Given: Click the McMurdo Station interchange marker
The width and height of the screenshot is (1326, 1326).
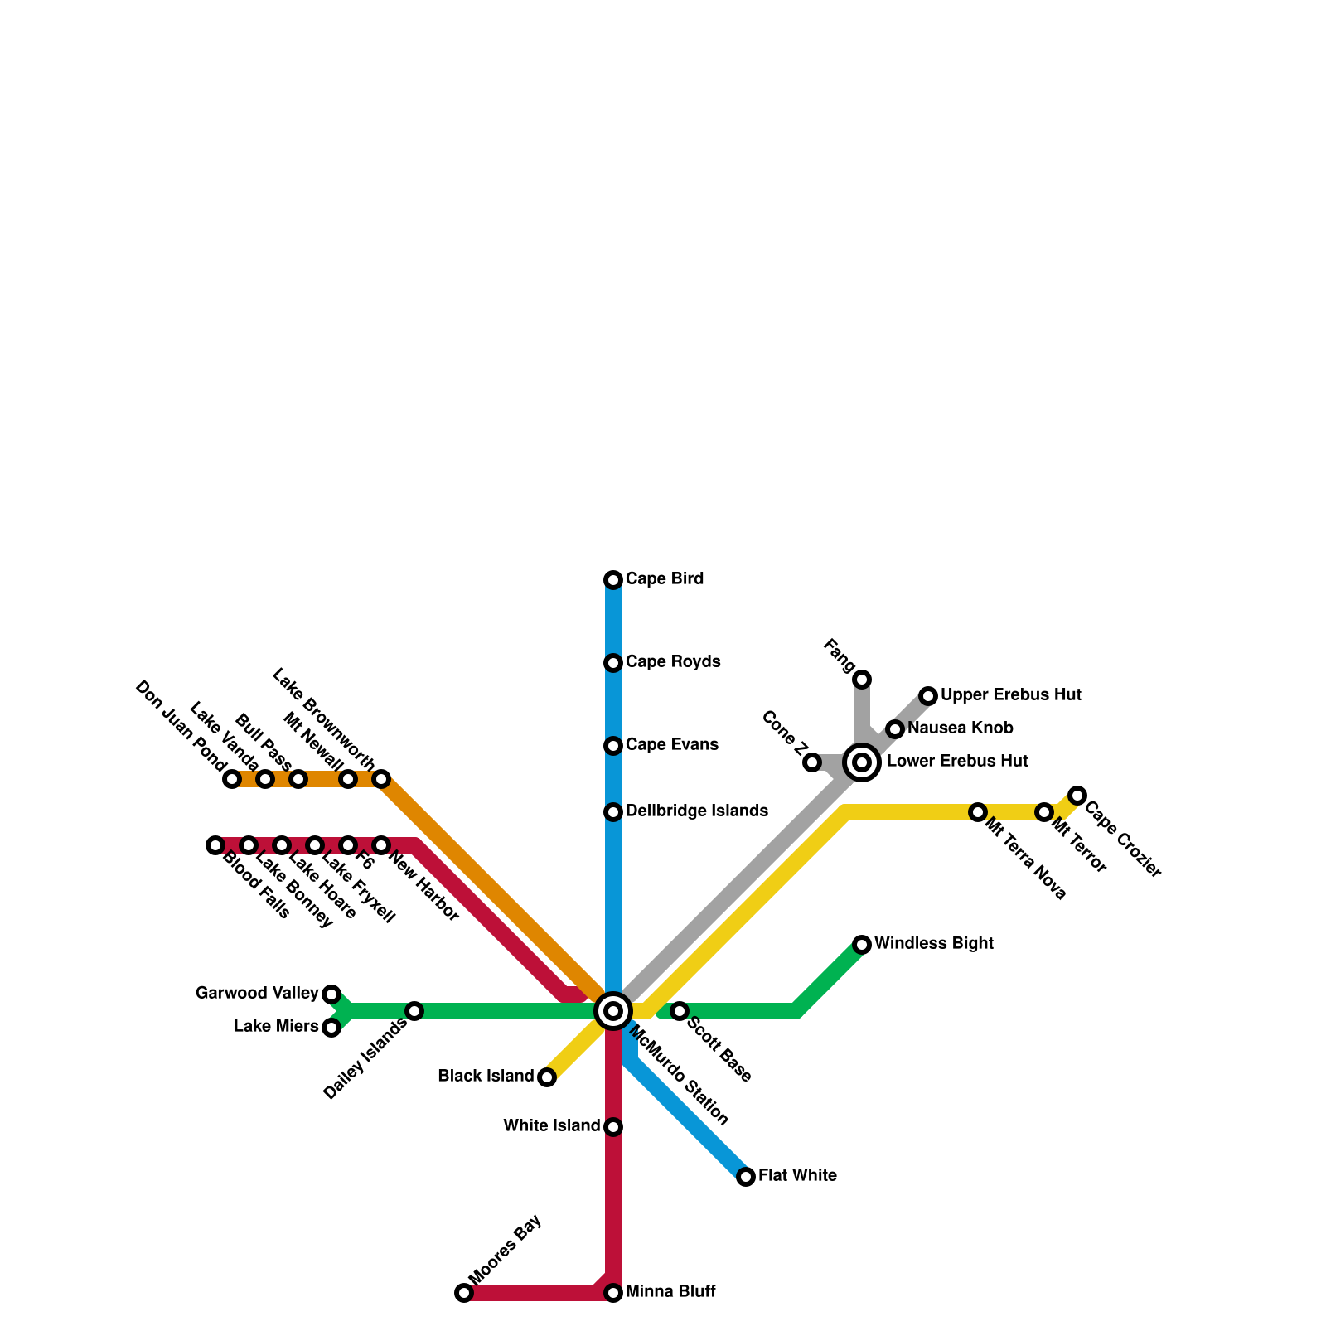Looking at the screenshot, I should pos(613,1011).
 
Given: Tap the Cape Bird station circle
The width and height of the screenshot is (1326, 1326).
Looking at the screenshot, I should pos(613,580).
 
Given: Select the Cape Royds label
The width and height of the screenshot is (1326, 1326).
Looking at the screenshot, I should pos(673,662).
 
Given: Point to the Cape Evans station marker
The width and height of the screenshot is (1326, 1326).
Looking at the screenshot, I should pos(613,746).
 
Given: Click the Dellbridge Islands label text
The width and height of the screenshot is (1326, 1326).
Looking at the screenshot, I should pos(697,811).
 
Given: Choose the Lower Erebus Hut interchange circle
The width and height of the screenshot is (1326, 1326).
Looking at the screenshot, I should pos(862,762).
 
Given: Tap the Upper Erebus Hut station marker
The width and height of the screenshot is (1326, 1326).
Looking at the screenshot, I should pos(928,696).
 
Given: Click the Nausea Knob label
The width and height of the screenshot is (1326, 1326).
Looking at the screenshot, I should pos(960,728).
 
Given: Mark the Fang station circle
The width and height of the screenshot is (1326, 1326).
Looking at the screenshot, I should pos(862,680).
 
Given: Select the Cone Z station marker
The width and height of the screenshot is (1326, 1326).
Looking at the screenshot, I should pos(812,762).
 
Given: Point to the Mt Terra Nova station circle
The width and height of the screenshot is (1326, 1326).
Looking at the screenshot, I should pos(978,812).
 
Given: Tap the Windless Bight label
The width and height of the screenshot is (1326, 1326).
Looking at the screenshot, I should pos(933,944).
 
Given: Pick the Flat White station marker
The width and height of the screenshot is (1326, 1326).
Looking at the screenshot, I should pos(746,1177).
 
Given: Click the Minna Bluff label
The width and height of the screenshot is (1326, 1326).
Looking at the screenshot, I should pos(670,1292).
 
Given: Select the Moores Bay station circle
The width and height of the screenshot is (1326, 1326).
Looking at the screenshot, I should pos(464,1293).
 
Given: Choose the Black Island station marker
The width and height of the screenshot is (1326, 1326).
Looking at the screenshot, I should pos(547,1077).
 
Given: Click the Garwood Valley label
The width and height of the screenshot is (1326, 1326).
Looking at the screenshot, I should pos(257,994).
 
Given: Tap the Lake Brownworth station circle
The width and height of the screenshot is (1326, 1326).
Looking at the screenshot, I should pos(381,779).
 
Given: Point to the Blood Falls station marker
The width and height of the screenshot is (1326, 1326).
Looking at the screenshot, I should pos(215,845).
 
